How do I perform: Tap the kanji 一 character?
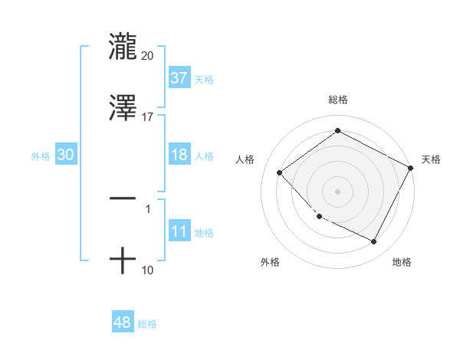click(x=123, y=198)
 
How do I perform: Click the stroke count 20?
click(x=148, y=55)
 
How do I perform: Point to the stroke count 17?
click(x=148, y=117)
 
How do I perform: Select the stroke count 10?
click(x=148, y=270)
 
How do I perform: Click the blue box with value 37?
click(x=179, y=78)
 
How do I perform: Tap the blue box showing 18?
click(x=179, y=155)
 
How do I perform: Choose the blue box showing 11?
click(x=179, y=231)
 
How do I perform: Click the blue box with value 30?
click(x=66, y=155)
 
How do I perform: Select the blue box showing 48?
click(x=123, y=323)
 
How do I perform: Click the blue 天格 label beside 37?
click(x=204, y=80)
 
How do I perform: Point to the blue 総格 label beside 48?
click(x=147, y=325)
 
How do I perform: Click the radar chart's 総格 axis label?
click(x=337, y=100)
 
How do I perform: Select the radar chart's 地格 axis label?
click(x=402, y=263)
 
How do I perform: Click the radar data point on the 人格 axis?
click(x=280, y=172)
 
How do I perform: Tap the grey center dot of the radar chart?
click(x=337, y=191)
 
